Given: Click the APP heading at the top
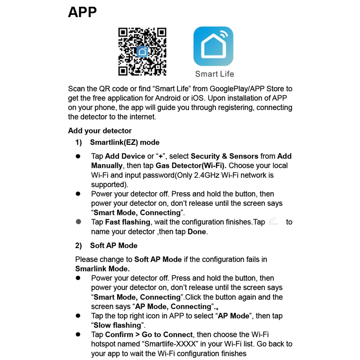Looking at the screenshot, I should (82, 12).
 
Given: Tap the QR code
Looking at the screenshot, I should (142, 52).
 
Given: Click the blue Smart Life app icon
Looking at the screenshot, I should (213, 46).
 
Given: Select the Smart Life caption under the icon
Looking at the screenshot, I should (214, 74).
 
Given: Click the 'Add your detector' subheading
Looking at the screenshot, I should (100, 131).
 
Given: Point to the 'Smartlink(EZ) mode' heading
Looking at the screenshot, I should (125, 142).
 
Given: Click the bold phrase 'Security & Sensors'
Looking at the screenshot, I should (224, 156).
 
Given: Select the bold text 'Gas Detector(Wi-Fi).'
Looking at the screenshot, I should (191, 166).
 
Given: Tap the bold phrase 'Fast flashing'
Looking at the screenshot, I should (127, 222).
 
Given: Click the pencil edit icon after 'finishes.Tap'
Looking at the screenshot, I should (273, 221).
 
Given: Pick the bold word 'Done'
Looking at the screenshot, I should (197, 232).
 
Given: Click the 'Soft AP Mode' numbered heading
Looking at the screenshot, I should (113, 246).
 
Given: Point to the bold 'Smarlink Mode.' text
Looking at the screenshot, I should (102, 269).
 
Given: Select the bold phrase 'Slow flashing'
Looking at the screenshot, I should (117, 325).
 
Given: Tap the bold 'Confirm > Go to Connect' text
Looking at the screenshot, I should (149, 335).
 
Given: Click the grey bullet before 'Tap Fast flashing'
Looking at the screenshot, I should (78, 222).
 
